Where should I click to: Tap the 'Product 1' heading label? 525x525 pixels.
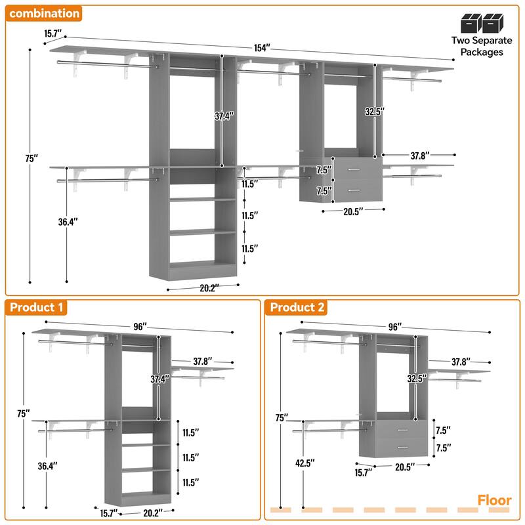(37, 307)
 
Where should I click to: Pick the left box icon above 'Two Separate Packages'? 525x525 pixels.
(471, 24)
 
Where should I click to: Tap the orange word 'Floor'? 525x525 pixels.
(494, 501)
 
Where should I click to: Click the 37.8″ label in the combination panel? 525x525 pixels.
(420, 156)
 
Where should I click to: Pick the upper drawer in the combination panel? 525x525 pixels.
(355, 170)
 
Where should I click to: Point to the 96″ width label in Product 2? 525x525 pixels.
(394, 326)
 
